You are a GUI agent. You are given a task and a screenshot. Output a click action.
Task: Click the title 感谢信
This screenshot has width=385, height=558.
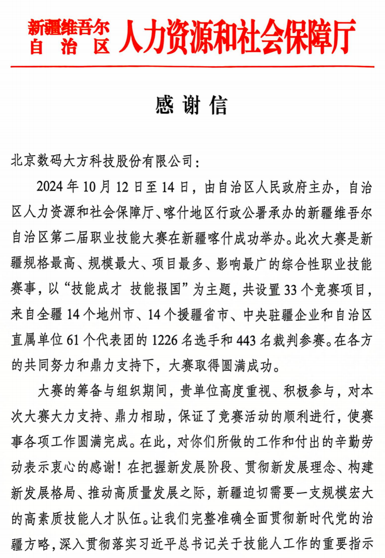(x=191, y=105)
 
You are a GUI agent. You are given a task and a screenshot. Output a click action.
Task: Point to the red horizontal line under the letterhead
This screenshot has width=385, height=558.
(x=192, y=66)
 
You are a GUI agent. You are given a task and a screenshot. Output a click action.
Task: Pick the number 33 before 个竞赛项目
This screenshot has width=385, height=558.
(x=290, y=290)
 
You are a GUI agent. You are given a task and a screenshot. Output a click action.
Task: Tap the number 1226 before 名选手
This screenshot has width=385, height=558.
(x=165, y=340)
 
